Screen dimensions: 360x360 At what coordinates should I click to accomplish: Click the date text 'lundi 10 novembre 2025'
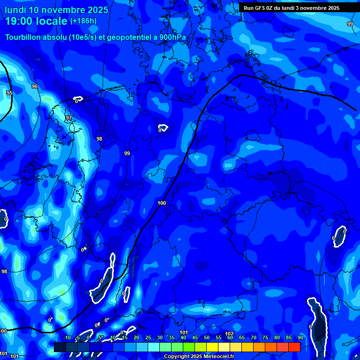click(x=56, y=10)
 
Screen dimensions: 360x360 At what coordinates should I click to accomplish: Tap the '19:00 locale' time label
click(x=37, y=21)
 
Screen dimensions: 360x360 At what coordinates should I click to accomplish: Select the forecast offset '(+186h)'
click(x=83, y=21)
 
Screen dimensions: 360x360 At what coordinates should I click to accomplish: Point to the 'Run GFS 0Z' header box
click(x=291, y=7)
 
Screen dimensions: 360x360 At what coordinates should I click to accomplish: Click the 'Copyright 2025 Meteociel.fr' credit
click(x=199, y=357)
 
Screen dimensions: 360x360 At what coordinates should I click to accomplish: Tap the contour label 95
click(x=9, y=93)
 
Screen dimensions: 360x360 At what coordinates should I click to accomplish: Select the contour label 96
click(x=34, y=87)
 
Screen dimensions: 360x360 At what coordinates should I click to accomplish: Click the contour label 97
click(x=69, y=118)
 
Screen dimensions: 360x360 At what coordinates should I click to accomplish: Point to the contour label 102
click(x=229, y=334)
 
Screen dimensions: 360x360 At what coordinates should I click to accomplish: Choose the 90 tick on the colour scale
click(x=300, y=337)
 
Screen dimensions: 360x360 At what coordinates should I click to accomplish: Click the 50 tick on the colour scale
click(x=207, y=337)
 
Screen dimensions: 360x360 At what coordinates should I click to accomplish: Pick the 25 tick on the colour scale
click(x=148, y=337)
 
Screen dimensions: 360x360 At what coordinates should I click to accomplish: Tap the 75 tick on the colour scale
click(x=265, y=337)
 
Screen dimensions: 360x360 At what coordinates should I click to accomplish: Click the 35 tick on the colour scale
click(x=172, y=337)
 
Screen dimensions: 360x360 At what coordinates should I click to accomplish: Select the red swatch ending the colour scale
click(x=294, y=347)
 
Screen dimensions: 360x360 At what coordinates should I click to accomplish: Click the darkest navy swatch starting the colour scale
click(x=60, y=347)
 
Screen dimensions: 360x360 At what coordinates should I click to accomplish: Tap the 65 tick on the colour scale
click(x=242, y=337)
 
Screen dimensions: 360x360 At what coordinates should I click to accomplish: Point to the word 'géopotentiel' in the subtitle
click(x=129, y=37)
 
